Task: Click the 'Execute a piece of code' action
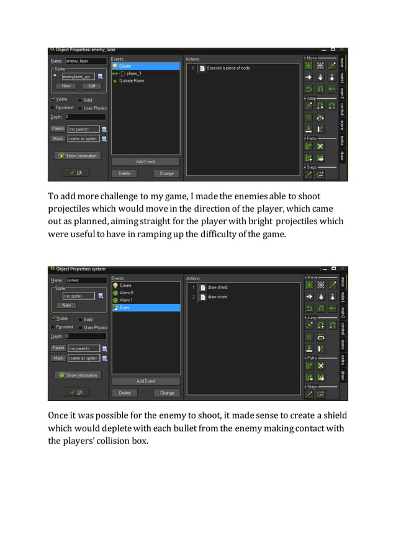[x=228, y=68]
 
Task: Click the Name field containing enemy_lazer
[x=85, y=61]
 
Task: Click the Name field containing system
[x=85, y=280]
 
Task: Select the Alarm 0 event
[x=126, y=292]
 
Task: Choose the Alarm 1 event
[x=126, y=300]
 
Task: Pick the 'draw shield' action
[x=217, y=287]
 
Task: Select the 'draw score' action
[x=217, y=297]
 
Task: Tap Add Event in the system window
[x=146, y=381]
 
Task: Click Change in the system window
[x=167, y=392]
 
